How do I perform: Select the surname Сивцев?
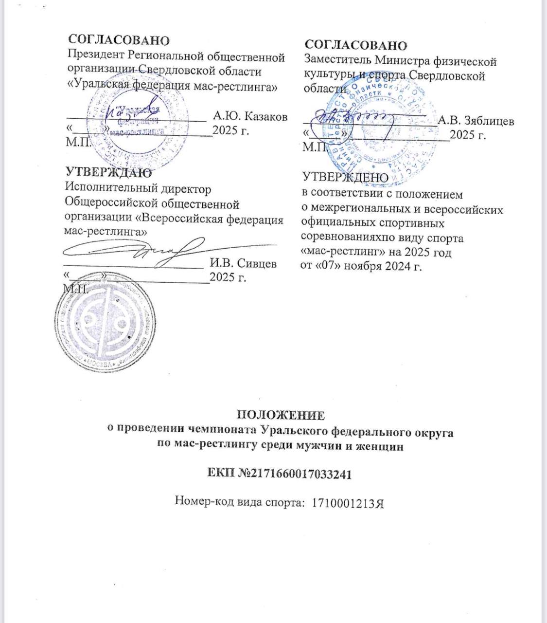click(x=257, y=264)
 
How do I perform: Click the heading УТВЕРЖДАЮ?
click(x=108, y=172)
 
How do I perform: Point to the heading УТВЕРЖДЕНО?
click(x=345, y=178)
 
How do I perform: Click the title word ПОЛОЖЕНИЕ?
click(x=281, y=415)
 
